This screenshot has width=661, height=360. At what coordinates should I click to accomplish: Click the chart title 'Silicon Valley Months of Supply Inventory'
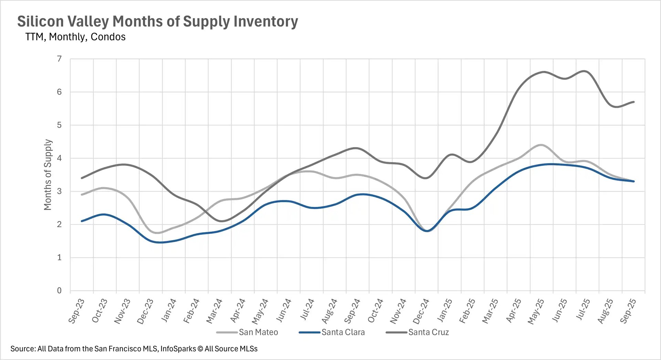pos(158,21)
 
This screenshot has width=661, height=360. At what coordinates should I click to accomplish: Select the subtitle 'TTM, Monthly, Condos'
pos(75,37)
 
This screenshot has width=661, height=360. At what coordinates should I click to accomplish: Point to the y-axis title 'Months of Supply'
pos(48,174)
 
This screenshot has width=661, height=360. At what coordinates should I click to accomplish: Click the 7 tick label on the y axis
pos(60,59)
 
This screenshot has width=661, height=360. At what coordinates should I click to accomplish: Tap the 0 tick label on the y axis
pos(60,290)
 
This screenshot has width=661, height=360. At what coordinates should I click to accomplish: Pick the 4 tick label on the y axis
pos(60,158)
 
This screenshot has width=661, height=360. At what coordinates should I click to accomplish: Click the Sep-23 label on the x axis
pos(76,311)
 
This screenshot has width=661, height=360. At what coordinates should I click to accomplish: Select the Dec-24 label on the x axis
pos(421,311)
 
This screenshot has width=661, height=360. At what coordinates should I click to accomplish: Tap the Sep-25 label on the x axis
pos(628,311)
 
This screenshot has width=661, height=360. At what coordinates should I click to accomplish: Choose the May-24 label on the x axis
pos(260,311)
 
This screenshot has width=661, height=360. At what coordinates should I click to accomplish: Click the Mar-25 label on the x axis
pos(490,311)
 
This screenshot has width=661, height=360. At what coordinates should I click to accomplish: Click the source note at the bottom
pos(134,349)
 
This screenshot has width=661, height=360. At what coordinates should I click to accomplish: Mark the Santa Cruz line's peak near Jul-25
pos(584,71)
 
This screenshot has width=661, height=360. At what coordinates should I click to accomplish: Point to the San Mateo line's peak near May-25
pos(541,145)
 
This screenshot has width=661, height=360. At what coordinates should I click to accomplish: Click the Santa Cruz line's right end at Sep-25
pos(634,102)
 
